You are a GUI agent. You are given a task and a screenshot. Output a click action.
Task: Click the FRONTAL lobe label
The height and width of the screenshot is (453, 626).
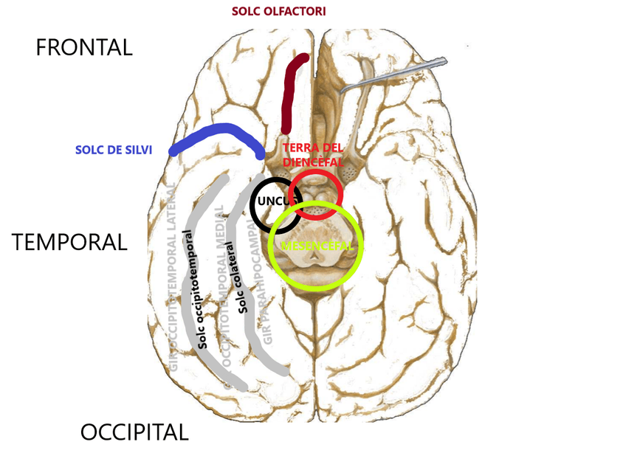click(x=84, y=48)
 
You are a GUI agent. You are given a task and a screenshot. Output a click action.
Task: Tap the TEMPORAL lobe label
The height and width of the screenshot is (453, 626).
click(x=69, y=242)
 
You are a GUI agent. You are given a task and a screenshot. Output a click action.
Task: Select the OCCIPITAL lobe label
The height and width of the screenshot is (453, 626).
click(x=134, y=432)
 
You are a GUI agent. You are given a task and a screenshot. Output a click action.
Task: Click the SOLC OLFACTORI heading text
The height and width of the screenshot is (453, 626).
click(x=278, y=12)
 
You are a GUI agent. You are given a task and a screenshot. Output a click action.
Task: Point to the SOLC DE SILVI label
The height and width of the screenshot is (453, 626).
click(x=114, y=150)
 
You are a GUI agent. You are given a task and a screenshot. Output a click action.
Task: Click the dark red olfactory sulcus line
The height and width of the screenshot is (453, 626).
click(x=291, y=96)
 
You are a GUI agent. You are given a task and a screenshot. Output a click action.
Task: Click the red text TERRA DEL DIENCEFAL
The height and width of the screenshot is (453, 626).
click(x=313, y=153)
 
